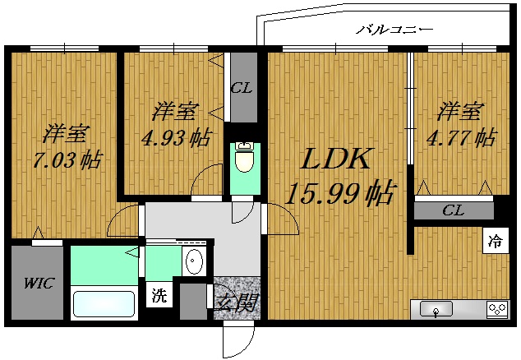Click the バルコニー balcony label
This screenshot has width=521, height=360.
394,30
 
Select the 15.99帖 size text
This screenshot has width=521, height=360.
339,194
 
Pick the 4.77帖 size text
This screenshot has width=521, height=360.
460,137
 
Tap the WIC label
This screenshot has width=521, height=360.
38,284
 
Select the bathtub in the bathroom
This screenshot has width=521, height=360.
104,303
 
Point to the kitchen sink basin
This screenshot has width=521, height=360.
436,309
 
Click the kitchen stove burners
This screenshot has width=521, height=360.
496,309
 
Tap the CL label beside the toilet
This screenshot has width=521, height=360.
241,88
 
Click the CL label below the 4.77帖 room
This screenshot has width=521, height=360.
453,210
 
